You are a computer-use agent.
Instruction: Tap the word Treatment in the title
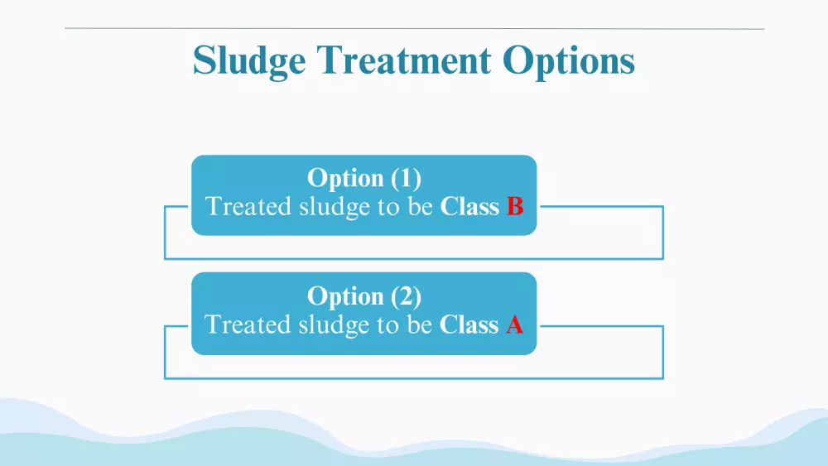pyautogui.click(x=404, y=60)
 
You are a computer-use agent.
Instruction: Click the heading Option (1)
pyautogui.click(x=364, y=179)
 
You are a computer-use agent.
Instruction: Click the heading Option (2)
pyautogui.click(x=364, y=296)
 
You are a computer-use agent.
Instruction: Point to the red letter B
pyautogui.click(x=515, y=206)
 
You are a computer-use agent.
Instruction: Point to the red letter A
pyautogui.click(x=515, y=324)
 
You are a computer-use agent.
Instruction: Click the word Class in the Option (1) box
pyautogui.click(x=469, y=206)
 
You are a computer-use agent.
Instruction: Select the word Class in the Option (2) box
pyautogui.click(x=469, y=324)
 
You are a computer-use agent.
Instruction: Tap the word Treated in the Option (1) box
pyautogui.click(x=248, y=206)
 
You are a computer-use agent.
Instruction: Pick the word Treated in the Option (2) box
pyautogui.click(x=248, y=324)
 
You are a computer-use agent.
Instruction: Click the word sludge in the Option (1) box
pyautogui.click(x=335, y=208)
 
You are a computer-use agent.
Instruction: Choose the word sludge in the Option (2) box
pyautogui.click(x=335, y=325)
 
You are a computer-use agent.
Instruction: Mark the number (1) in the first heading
pyautogui.click(x=406, y=179)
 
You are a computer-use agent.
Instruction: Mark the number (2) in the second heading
pyautogui.click(x=406, y=296)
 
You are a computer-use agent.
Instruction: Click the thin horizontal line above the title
pyautogui.click(x=415, y=28)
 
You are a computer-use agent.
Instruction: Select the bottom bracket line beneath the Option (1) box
pyautogui.click(x=414, y=258)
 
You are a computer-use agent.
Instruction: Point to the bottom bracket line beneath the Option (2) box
pyautogui.click(x=414, y=378)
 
